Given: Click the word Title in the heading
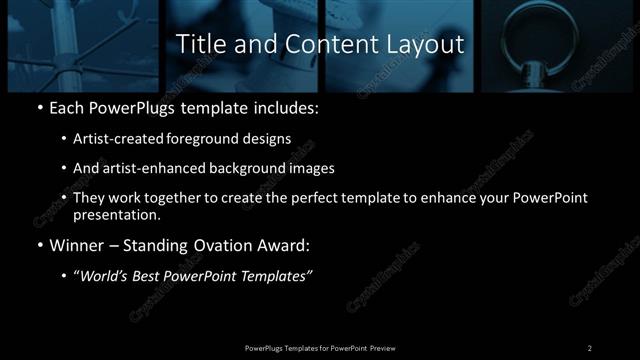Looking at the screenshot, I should pos(200,45).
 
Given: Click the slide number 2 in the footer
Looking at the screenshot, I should pos(590,347).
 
